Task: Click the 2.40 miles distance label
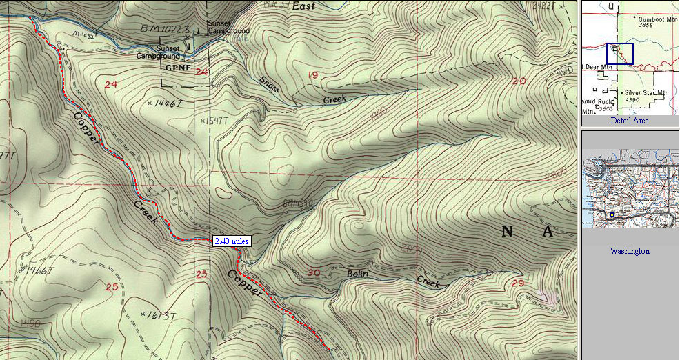[232, 241]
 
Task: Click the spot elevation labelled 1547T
[213, 121]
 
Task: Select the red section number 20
[519, 81]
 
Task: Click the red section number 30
[314, 273]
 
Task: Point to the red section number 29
[519, 283]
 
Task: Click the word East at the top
[303, 6]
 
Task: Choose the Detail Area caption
[629, 121]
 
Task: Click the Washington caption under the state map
[629, 251]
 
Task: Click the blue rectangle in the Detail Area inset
[620, 54]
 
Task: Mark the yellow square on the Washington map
[612, 214]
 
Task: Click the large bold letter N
[508, 232]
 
